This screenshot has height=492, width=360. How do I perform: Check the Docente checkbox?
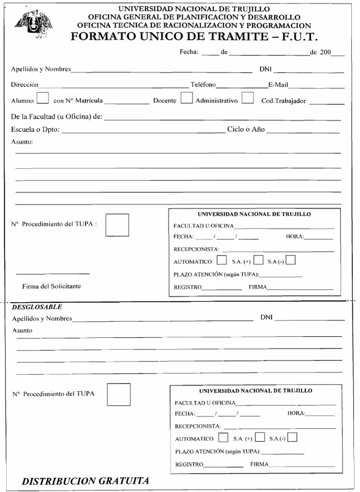[x=186, y=97]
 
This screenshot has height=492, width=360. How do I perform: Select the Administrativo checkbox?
[x=248, y=97]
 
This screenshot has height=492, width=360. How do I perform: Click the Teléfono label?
[x=203, y=84]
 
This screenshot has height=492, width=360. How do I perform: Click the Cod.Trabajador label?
[x=284, y=101]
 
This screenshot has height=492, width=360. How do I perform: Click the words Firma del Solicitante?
[x=51, y=286]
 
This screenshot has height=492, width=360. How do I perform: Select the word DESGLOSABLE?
[x=37, y=307]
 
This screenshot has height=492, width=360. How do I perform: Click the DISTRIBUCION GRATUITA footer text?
[x=86, y=481]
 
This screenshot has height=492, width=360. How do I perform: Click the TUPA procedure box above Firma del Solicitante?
[x=117, y=225]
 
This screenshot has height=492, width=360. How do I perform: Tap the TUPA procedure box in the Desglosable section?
[x=119, y=394]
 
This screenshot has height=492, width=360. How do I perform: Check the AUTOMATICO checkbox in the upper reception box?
[x=221, y=261]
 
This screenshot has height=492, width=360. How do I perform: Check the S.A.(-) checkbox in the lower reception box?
[x=292, y=437]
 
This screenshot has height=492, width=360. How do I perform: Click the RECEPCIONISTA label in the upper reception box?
[x=196, y=249]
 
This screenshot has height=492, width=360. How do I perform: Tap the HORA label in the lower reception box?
[x=296, y=413]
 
